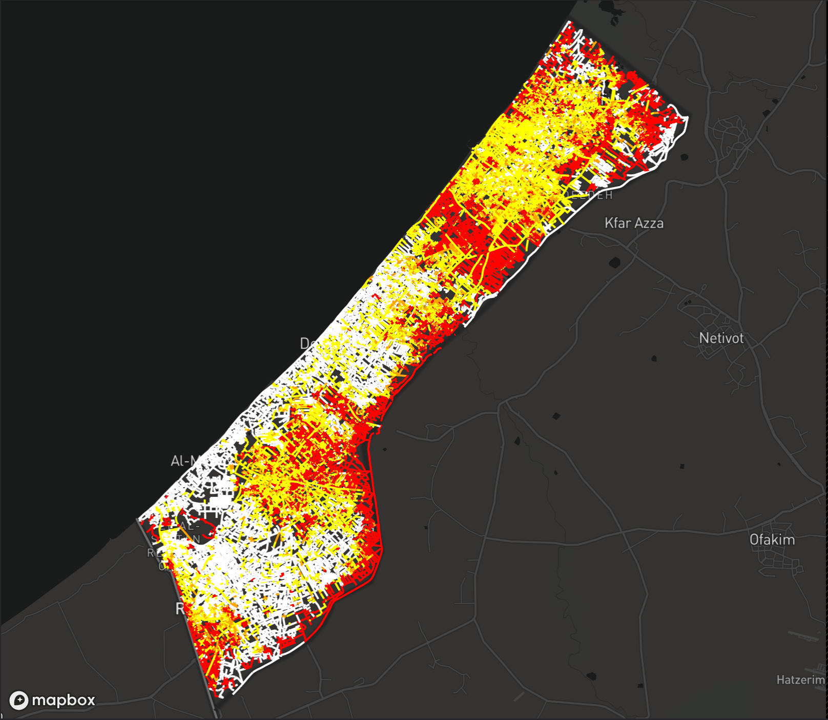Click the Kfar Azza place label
(634, 223)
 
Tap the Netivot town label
(721, 338)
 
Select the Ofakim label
(772, 539)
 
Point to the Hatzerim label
(800, 680)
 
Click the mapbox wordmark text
(64, 700)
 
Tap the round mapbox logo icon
(19, 700)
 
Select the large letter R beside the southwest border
(179, 609)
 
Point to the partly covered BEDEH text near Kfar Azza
(594, 195)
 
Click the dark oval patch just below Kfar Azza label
(614, 263)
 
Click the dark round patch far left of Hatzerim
(592, 676)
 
